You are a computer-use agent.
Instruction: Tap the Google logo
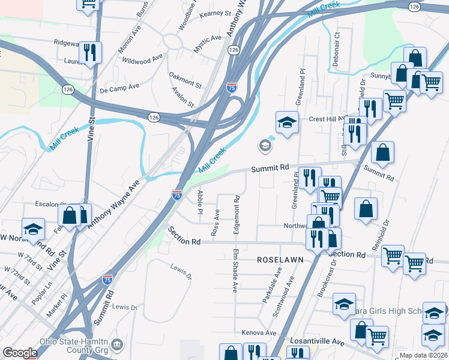pyautogui.click(x=20, y=353)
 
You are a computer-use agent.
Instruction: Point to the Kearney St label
pyautogui.click(x=215, y=13)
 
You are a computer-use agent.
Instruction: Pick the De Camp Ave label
pyautogui.click(x=119, y=88)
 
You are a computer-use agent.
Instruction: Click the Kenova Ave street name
pyautogui.click(x=259, y=332)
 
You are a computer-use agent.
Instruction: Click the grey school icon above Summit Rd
pyautogui.click(x=265, y=145)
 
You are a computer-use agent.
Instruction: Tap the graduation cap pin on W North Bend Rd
pyautogui.click(x=33, y=228)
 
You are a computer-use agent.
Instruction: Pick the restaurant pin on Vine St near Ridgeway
pyautogui.click(x=90, y=52)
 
